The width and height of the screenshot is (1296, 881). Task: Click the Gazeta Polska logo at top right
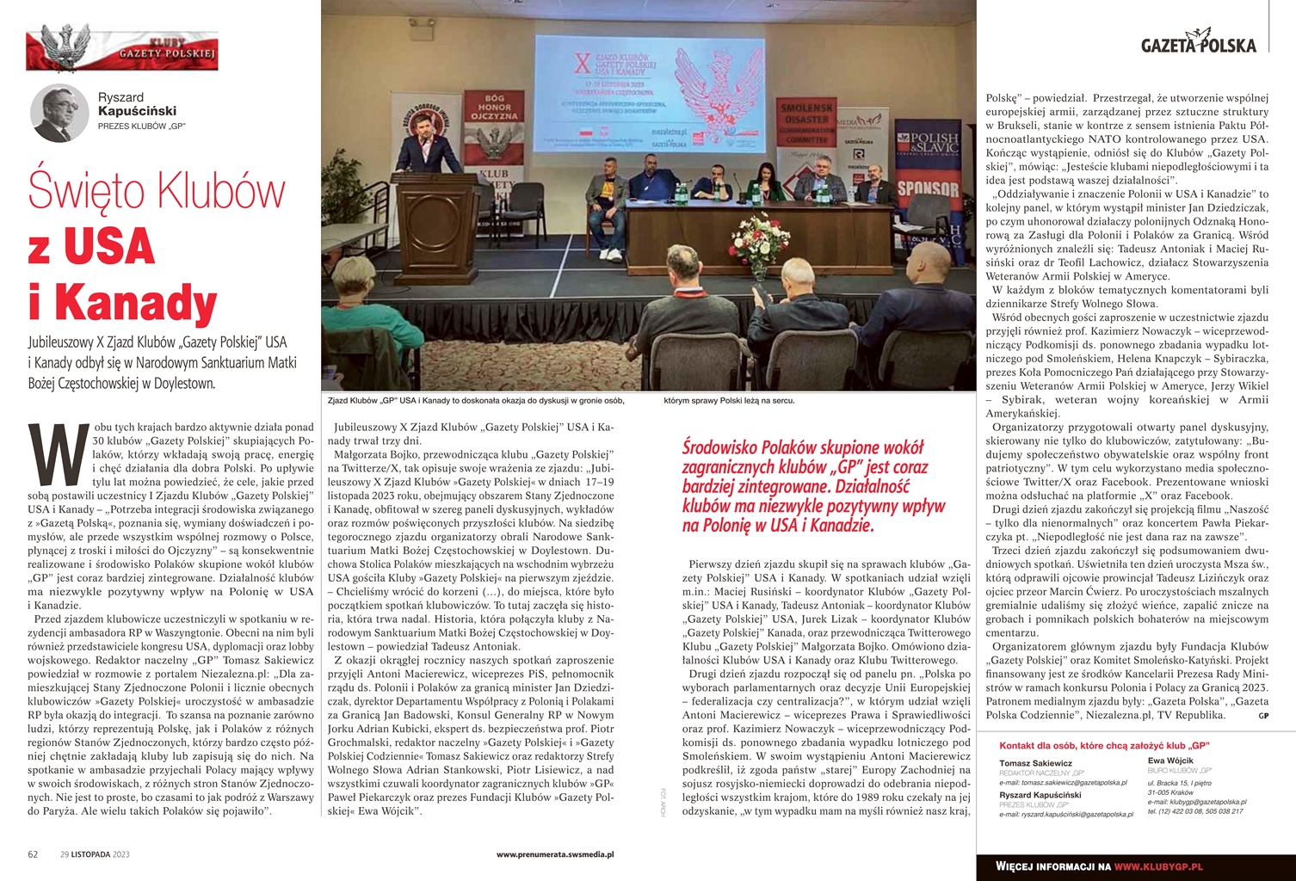pyautogui.click(x=1198, y=44)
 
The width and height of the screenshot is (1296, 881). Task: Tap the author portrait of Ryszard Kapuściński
pyautogui.click(x=59, y=114)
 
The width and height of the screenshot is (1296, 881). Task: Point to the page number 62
pyautogui.click(x=33, y=854)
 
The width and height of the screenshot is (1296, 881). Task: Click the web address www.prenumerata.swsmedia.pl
pyautogui.click(x=555, y=854)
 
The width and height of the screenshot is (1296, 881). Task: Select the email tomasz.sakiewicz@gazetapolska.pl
pyautogui.click(x=1062, y=783)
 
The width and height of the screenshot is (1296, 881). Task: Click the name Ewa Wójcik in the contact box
pyautogui.click(x=1170, y=761)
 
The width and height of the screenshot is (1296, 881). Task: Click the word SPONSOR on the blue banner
pyautogui.click(x=928, y=188)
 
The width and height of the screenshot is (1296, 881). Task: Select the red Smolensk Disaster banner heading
pyautogui.click(x=807, y=120)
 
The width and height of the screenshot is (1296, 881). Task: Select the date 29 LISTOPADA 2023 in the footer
pyautogui.click(x=95, y=854)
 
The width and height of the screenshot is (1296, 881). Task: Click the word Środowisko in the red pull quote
pyautogui.click(x=724, y=447)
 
